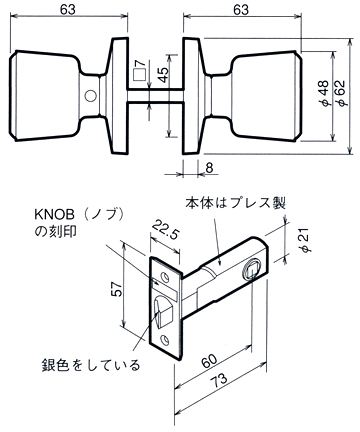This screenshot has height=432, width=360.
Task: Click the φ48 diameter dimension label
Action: click(x=324, y=95)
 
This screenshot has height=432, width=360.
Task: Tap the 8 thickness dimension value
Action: click(x=209, y=168)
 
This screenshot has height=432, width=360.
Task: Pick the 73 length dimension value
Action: click(x=220, y=380)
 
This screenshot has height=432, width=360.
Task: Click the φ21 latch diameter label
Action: click(x=306, y=240)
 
